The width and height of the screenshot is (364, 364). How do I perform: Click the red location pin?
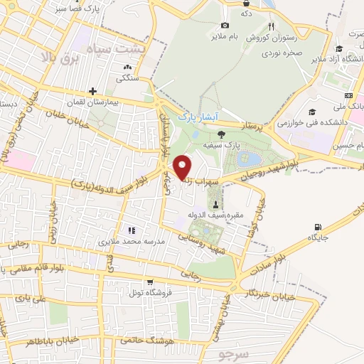pos(183,167)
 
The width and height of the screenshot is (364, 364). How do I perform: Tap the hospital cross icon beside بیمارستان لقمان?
pos(92,92)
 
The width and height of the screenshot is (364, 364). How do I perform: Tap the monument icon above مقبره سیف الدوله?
pos(215,205)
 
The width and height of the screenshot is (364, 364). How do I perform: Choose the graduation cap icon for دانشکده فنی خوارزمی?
pos(312,112)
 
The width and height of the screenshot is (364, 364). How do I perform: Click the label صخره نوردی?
pos(282,51)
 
